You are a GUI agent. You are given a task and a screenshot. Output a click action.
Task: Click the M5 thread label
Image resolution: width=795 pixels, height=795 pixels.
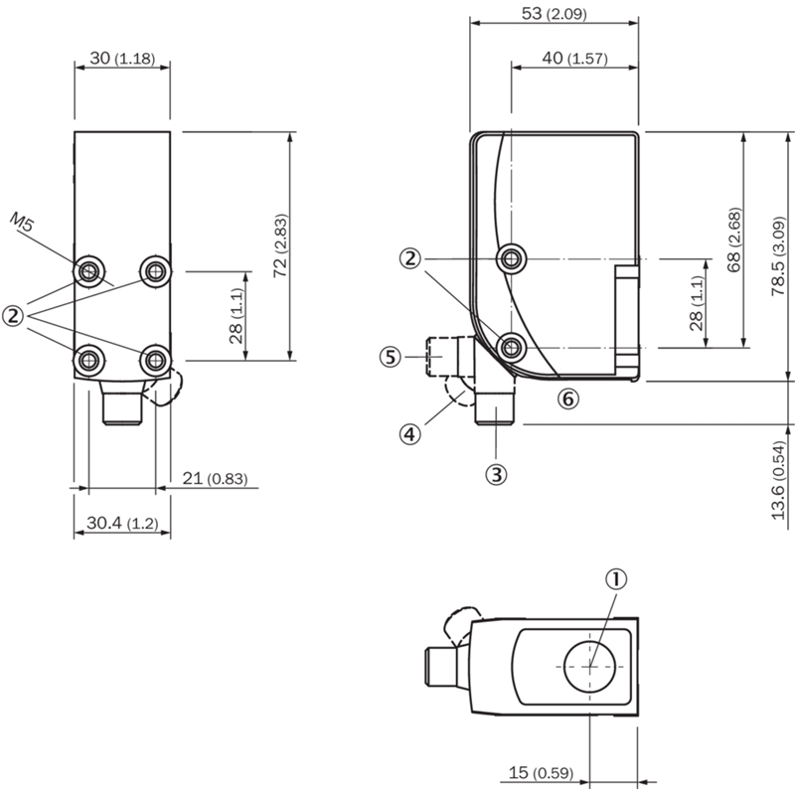coord(22,222)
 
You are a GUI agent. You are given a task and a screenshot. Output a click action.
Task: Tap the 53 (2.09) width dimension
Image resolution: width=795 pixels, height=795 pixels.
coord(555,14)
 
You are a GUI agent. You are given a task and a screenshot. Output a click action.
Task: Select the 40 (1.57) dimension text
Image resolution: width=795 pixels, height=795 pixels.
coord(574,59)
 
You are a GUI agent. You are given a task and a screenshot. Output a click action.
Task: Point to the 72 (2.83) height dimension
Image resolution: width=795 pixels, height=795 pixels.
coord(280,245)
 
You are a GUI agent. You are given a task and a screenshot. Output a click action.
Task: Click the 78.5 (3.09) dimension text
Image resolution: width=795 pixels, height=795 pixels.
coord(778,256)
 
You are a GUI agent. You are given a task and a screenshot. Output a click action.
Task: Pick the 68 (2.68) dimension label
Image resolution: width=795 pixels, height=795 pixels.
coord(733,239)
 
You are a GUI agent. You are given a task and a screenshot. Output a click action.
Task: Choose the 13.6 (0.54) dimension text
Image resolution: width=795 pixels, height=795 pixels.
coord(778,481)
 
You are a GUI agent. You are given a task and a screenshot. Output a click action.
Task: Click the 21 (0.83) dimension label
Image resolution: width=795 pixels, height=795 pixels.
coord(215,478)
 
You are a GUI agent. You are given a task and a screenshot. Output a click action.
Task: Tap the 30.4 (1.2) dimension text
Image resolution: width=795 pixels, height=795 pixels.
coord(122,523)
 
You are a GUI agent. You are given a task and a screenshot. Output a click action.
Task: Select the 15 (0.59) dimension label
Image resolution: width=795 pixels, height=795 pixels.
coord(541,773)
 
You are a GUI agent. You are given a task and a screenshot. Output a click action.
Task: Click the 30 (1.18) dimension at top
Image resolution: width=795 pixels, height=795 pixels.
coord(122,59)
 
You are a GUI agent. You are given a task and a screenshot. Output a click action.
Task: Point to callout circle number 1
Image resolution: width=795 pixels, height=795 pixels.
coord(616,579)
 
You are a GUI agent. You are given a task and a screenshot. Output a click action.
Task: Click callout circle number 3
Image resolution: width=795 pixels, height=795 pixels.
coord(496,475)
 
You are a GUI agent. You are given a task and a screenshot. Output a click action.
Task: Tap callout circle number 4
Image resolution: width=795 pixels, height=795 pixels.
coord(409,434)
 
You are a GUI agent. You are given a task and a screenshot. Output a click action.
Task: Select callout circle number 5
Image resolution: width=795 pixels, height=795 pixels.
coord(390,357)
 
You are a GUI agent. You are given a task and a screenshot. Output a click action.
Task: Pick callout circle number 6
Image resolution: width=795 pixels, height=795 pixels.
coord(568,399)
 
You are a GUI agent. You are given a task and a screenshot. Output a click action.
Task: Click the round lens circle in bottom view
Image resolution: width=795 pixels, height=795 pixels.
coord(589,642)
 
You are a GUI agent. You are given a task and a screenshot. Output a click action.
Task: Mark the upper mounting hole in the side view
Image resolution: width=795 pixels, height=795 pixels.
coord(512,259)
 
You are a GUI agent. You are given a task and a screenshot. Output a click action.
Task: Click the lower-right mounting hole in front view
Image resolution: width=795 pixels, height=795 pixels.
coord(155,361)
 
